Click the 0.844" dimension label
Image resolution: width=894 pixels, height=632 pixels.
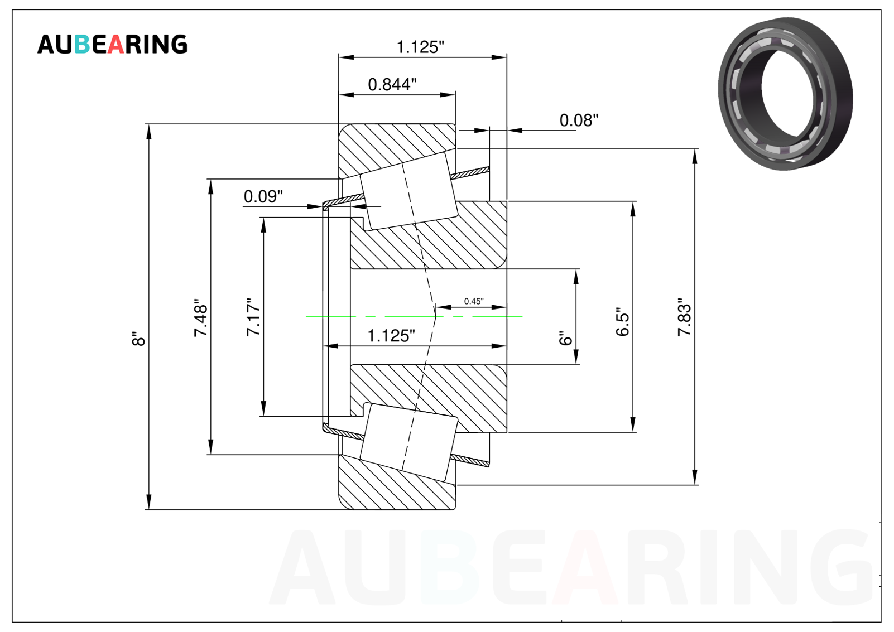pos(392,85)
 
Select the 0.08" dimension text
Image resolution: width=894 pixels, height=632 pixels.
pos(579,120)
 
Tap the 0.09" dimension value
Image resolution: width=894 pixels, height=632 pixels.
pos(263,196)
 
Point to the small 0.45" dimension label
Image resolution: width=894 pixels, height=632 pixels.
pos(474,301)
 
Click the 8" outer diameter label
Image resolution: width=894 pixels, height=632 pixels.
pos(139,339)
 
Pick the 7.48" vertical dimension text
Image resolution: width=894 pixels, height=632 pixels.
pos(201,317)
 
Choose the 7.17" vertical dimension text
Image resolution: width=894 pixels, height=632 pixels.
pos(253,317)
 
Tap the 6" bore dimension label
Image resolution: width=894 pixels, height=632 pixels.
pos(565,338)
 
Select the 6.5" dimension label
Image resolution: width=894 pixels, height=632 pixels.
pos(623,322)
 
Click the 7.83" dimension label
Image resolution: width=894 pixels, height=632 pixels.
pos(684,317)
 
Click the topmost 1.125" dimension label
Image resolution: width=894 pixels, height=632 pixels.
pos(420,47)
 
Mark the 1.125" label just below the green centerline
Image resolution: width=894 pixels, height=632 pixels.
pos(391,336)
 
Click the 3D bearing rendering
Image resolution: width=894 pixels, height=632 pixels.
pos(785,93)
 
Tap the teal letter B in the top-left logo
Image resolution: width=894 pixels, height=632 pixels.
pos(82,44)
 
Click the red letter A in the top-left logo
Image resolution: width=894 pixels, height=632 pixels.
pos(116,44)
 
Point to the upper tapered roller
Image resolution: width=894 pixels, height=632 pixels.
pos(408,191)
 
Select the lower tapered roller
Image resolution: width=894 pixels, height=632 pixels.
pos(408,442)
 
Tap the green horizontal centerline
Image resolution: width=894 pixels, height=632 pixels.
pos(414,317)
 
